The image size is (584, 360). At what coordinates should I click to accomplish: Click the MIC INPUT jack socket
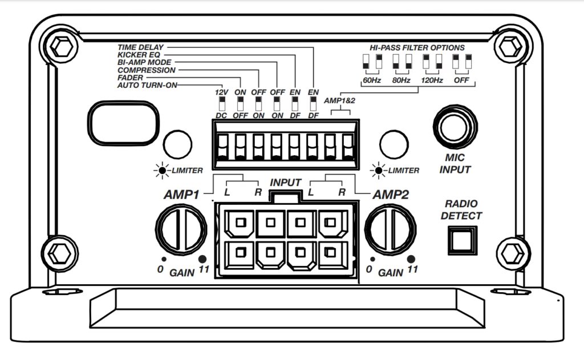455,127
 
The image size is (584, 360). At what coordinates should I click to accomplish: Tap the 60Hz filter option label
371,81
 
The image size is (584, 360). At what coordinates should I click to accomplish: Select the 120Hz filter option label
431,81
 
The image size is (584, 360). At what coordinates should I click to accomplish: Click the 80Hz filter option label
401,81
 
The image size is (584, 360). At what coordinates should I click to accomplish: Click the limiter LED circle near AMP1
177,144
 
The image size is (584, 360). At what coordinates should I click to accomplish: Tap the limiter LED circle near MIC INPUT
394,144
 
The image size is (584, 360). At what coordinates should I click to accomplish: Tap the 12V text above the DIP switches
221,92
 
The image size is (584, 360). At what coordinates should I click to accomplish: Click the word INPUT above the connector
285,183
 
